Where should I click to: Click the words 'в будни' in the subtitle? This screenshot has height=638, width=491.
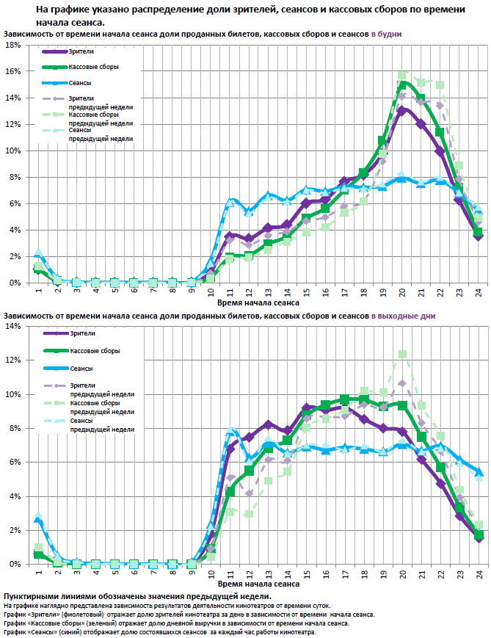386,35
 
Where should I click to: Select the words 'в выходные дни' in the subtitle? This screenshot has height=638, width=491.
403,316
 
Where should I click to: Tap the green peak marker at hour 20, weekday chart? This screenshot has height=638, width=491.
402,84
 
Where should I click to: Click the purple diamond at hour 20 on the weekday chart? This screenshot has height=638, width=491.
401,109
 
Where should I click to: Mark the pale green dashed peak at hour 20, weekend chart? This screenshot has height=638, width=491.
402,354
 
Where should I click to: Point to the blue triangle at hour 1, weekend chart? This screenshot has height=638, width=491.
38,518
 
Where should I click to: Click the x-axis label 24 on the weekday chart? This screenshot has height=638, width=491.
478,291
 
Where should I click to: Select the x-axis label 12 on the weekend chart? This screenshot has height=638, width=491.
249,573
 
